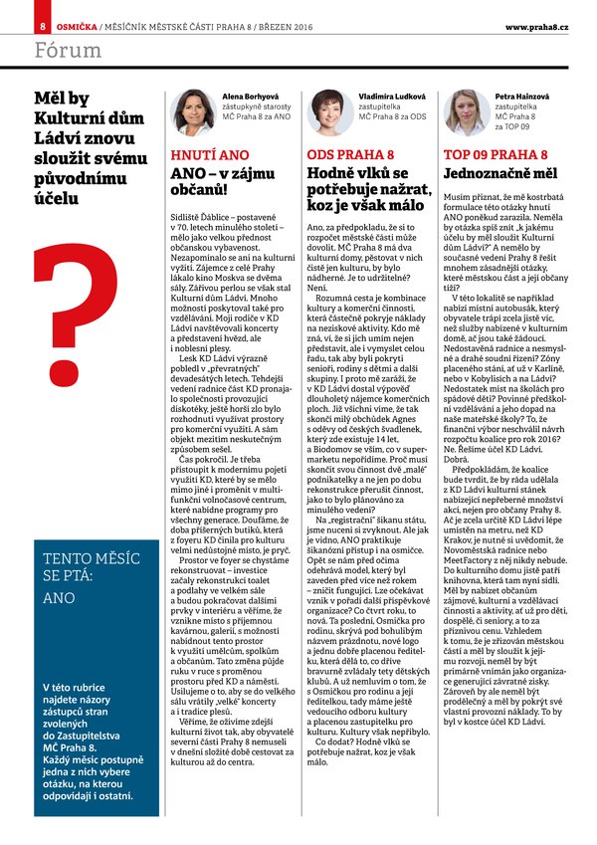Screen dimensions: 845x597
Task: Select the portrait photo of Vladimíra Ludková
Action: [x=329, y=111]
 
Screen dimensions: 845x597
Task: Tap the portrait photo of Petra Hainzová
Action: [x=466, y=111]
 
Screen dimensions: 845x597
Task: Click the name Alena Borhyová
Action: [x=249, y=97]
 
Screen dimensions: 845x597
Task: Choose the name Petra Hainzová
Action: [x=522, y=97]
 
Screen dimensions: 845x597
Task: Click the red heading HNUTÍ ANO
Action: [x=211, y=155]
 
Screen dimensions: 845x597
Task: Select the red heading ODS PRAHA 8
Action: [x=351, y=155]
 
